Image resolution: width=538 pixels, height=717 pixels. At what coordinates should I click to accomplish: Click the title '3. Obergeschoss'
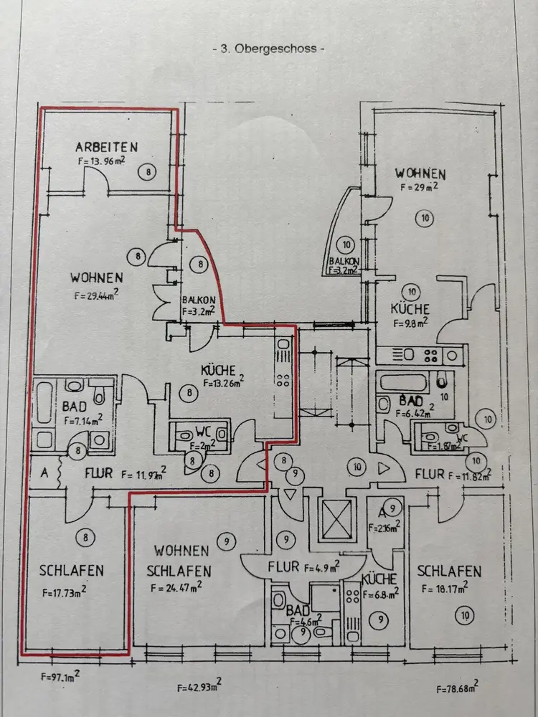tap(269, 49)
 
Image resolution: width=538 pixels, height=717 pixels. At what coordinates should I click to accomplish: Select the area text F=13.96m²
tap(101, 162)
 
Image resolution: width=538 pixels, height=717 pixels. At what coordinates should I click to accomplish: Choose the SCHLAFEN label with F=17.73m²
tap(72, 571)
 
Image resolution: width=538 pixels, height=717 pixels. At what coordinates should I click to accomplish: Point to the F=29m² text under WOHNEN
tap(418, 188)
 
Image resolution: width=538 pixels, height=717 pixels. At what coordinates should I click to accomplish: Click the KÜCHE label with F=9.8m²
tap(410, 309)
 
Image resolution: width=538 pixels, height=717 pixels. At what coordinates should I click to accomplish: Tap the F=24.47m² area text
tap(176, 587)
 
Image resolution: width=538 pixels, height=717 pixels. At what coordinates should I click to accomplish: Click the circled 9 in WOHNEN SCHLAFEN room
tap(227, 541)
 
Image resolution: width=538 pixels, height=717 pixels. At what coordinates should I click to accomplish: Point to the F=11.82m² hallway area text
tap(468, 475)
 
